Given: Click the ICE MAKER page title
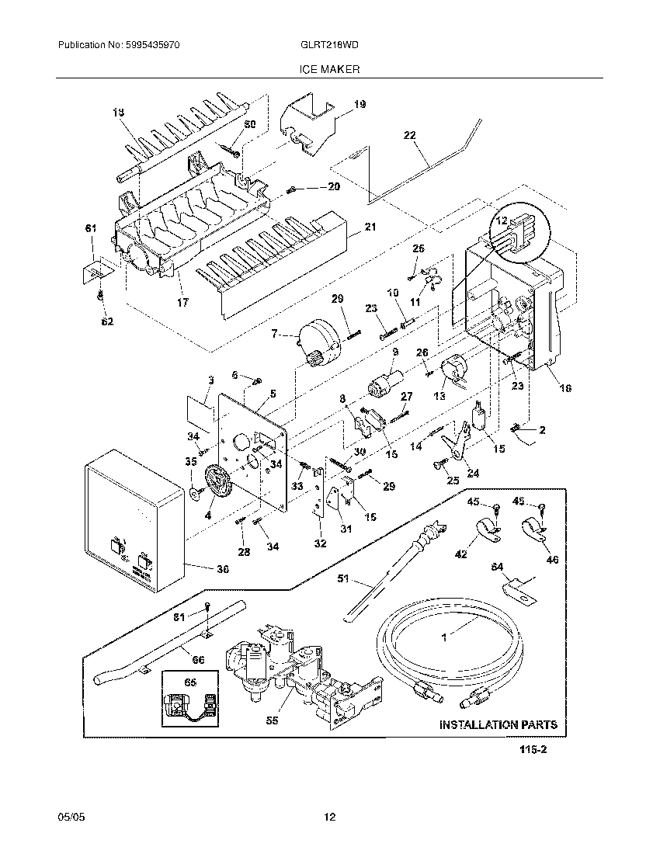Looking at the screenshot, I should [x=329, y=69].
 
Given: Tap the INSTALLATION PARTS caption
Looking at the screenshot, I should [x=498, y=724].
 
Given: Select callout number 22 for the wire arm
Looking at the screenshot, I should [x=410, y=135].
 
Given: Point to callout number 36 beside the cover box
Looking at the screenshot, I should [x=222, y=568].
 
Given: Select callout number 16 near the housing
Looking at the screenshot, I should [x=565, y=387].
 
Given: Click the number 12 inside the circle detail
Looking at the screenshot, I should [x=502, y=221].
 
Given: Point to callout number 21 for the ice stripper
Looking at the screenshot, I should [x=370, y=227].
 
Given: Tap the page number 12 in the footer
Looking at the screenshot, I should [x=329, y=817].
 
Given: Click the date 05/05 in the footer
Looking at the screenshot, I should [x=70, y=817].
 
